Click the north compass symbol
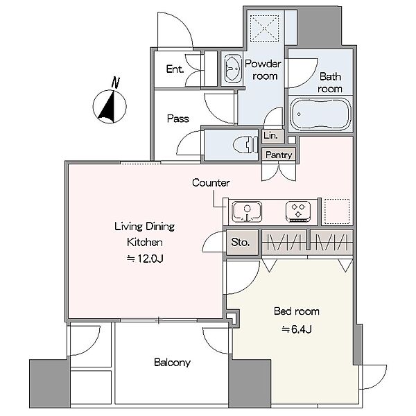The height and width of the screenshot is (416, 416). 110,107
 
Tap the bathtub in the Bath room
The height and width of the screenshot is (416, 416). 320,114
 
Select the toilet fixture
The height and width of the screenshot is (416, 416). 245,145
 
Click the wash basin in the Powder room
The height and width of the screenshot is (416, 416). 233,69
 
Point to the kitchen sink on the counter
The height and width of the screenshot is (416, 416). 247,211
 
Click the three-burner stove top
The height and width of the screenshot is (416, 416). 298,211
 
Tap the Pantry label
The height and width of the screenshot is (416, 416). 279,155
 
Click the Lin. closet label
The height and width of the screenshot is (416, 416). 270,136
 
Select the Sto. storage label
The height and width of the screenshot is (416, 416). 241,242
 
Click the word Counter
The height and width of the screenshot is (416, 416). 211,183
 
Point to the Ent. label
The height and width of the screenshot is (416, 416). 175,69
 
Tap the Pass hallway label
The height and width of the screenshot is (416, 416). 178,119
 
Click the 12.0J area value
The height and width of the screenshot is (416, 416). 145,259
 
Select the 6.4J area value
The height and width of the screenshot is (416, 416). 297,329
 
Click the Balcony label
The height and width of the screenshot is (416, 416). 173,363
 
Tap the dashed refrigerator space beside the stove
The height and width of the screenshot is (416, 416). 337,211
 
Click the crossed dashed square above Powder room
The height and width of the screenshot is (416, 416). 265,28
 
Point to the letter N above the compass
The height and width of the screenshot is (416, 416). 115,83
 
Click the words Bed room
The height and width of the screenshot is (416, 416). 297,311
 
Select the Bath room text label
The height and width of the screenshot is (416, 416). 330,83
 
